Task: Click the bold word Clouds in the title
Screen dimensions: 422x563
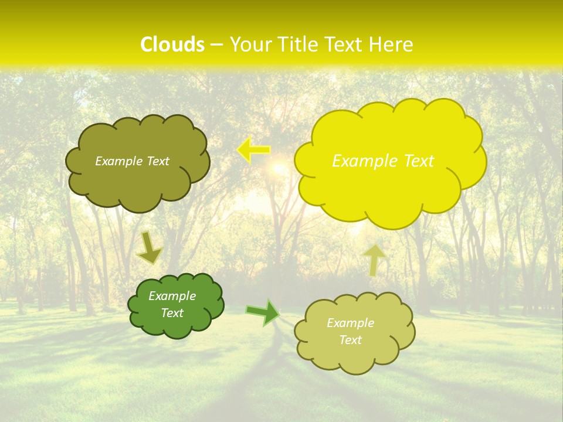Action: point(172,45)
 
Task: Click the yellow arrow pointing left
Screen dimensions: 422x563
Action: point(254,150)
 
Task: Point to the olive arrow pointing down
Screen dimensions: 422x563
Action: point(150,248)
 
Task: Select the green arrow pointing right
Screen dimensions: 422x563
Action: point(263,312)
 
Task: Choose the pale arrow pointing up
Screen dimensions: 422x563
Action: point(374,259)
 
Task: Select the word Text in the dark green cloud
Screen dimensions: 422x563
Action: point(172,313)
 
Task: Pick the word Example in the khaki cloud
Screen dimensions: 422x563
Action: point(350,323)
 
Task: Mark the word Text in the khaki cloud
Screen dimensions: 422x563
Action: point(350,340)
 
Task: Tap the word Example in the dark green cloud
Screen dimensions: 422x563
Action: point(172,296)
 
